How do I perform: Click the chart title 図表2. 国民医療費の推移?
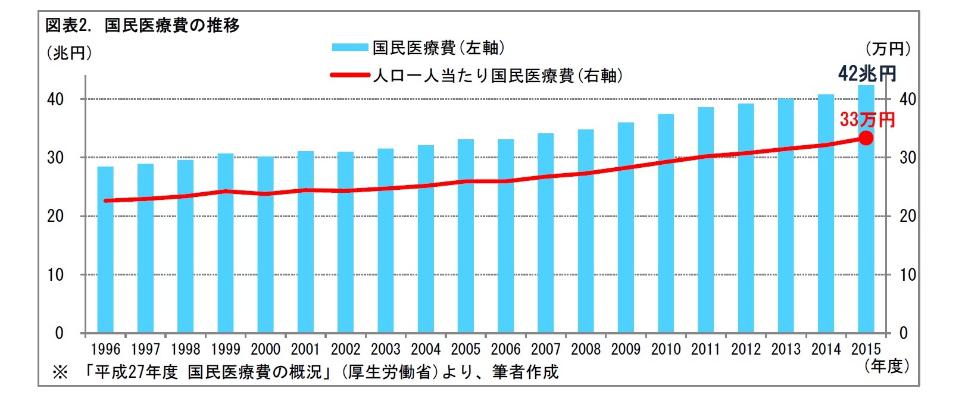point(142,25)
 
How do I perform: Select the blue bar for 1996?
point(105,250)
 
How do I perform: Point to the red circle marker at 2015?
point(866,138)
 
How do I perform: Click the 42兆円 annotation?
point(867,74)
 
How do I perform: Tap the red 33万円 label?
point(867,120)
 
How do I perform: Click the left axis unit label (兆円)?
point(69,53)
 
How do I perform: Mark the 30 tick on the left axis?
point(55,158)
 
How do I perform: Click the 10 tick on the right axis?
point(907,275)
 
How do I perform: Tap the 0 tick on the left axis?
point(59,333)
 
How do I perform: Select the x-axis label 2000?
point(266,349)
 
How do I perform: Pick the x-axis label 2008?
point(586,349)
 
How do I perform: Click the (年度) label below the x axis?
point(886,366)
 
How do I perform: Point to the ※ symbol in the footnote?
point(60,372)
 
